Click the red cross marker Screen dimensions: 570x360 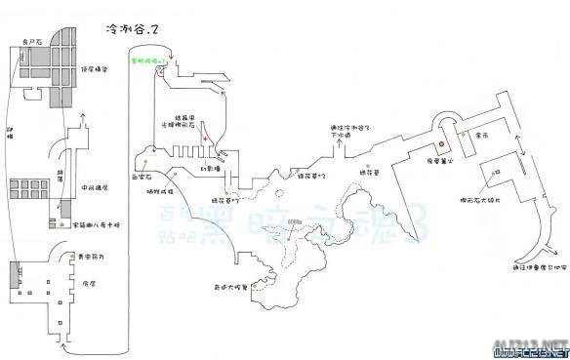click(205, 140)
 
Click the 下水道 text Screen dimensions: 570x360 click(340, 137)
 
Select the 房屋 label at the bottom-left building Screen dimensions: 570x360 click(89, 283)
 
